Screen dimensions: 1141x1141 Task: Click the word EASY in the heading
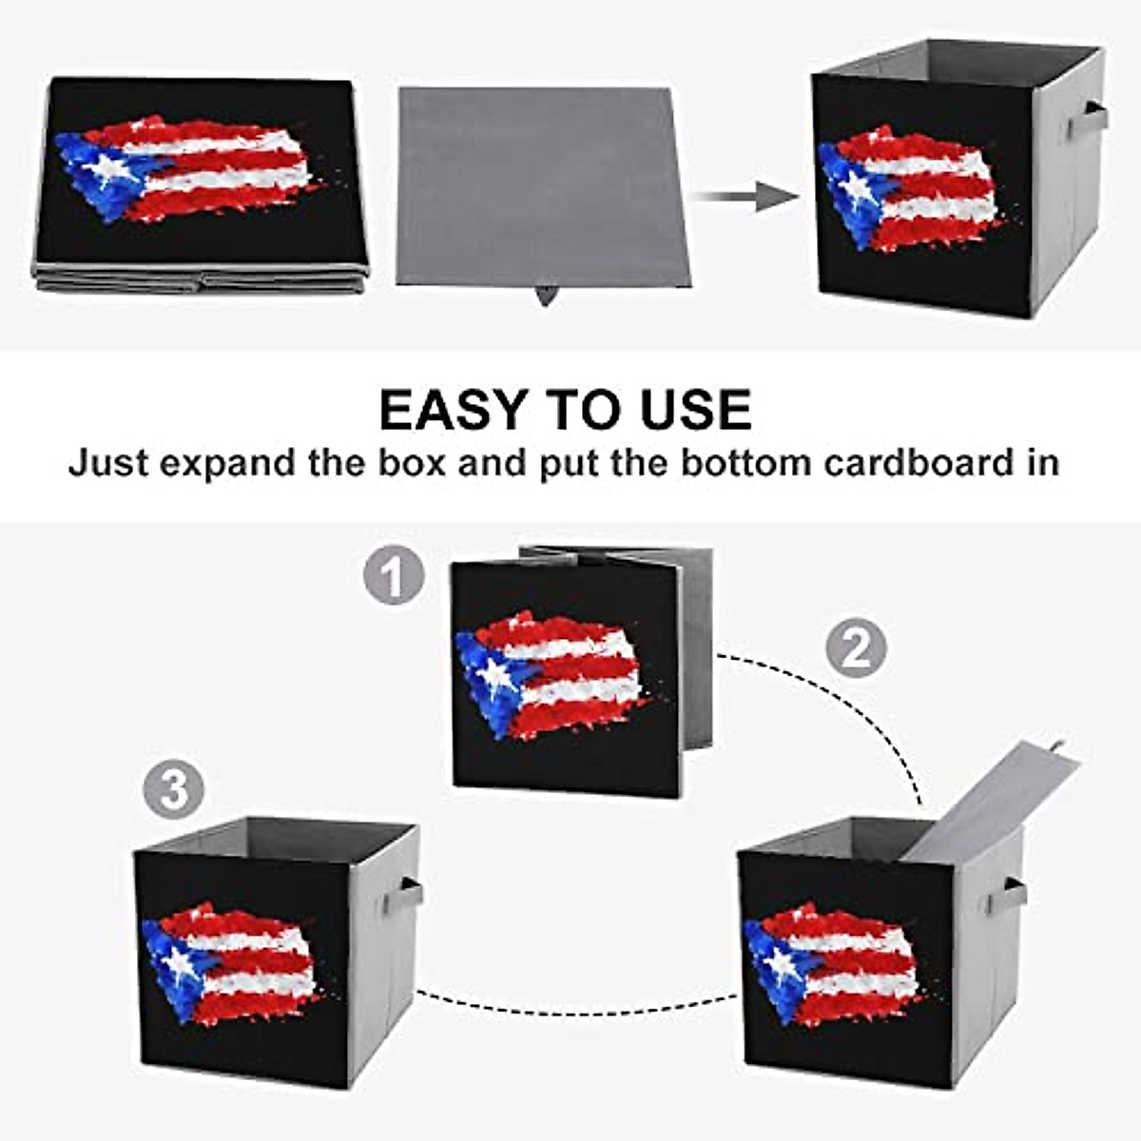[x=452, y=410]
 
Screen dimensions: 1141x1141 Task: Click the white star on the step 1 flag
[x=494, y=674]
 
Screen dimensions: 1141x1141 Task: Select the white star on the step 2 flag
[x=780, y=963]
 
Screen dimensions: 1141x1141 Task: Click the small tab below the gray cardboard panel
[x=545, y=295]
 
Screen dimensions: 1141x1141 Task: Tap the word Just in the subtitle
[x=108, y=463]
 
